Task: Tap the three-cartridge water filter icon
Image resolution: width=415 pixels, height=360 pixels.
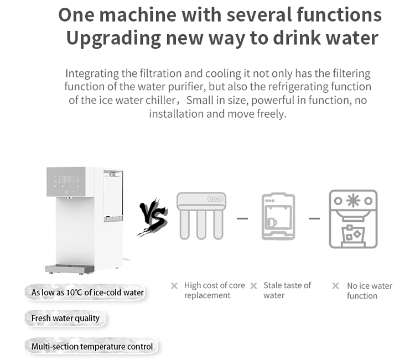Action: [x=201, y=216]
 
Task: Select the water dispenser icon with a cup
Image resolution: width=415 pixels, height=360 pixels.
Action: [x=278, y=216]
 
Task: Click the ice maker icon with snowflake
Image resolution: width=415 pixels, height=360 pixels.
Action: [x=354, y=219]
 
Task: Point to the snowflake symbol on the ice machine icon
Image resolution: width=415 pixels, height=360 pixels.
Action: [x=354, y=201]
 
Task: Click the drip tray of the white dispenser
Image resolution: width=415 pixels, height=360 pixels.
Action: [x=70, y=269]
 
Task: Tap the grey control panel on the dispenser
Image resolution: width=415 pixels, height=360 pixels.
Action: [x=66, y=182]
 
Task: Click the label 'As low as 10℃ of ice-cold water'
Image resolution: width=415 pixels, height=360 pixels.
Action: [x=87, y=293]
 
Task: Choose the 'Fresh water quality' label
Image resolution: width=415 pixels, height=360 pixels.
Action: [x=65, y=318]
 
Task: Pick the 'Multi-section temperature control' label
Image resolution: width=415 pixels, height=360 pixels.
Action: [x=92, y=347]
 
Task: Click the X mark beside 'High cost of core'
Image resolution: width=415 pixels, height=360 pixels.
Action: [x=174, y=286]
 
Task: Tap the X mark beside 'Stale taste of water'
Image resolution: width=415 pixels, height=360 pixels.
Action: [x=253, y=286]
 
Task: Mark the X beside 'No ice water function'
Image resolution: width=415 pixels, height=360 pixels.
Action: [x=336, y=286]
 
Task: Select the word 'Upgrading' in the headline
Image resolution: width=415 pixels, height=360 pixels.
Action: [x=113, y=38]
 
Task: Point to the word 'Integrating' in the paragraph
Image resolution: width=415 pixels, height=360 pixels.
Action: [x=92, y=74]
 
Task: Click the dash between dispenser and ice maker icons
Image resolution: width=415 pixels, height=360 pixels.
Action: [x=314, y=218]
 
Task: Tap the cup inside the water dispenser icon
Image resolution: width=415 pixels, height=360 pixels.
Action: [x=272, y=222]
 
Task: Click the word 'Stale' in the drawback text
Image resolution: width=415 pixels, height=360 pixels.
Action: [x=273, y=285]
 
